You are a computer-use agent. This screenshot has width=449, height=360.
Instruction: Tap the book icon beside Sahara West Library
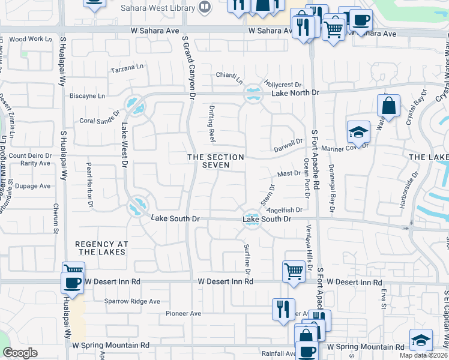tap(205, 7)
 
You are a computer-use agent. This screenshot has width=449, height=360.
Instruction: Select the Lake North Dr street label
tap(295, 93)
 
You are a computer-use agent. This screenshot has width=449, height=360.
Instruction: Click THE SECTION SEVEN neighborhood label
tap(216, 161)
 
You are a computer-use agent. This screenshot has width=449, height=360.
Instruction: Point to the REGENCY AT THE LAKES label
tap(100, 248)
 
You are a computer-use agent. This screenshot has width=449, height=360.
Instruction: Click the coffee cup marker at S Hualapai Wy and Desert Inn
tap(71, 283)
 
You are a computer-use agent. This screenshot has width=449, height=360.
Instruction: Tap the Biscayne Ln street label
tap(87, 95)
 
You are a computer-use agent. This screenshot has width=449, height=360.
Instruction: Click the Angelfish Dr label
tap(284, 211)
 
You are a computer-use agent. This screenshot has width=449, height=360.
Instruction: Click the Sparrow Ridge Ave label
tap(133, 301)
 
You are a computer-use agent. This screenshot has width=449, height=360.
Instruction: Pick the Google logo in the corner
tap(20, 353)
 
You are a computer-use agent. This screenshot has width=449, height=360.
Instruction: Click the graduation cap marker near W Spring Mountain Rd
tap(421, 339)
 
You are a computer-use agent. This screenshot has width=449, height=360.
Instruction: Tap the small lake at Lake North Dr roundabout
tap(253, 94)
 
